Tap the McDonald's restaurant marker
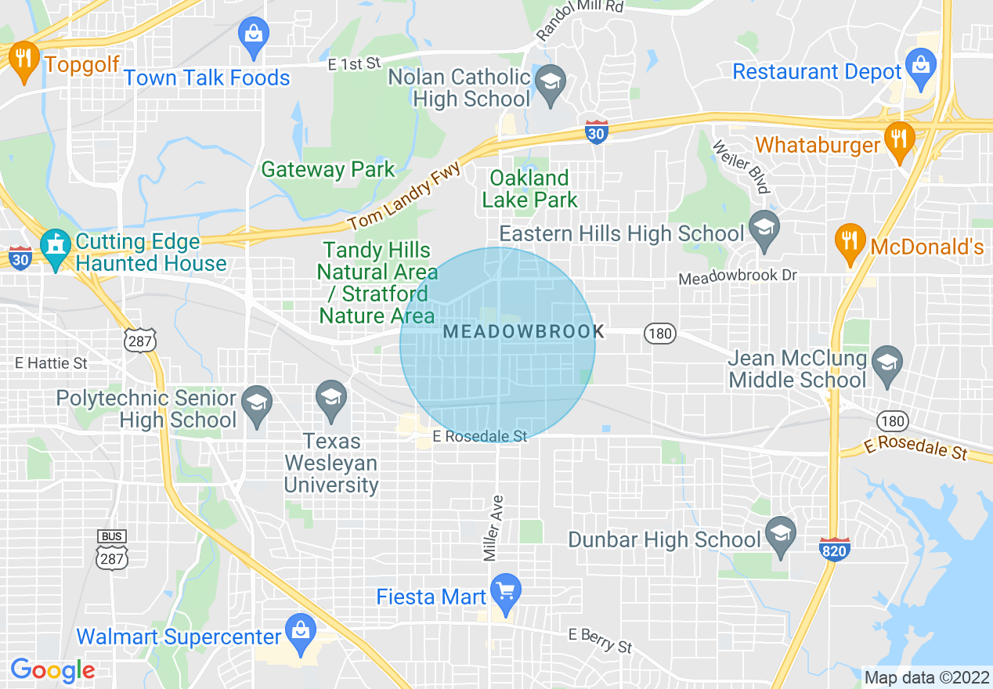point(849,241)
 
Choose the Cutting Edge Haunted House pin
point(56,247)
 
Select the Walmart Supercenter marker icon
point(299,632)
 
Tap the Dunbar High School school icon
point(781,536)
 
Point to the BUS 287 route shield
point(111,548)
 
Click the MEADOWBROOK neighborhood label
point(519,332)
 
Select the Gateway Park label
point(328,169)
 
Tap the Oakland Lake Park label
point(529,189)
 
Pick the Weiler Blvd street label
point(741,166)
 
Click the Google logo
point(52,669)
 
